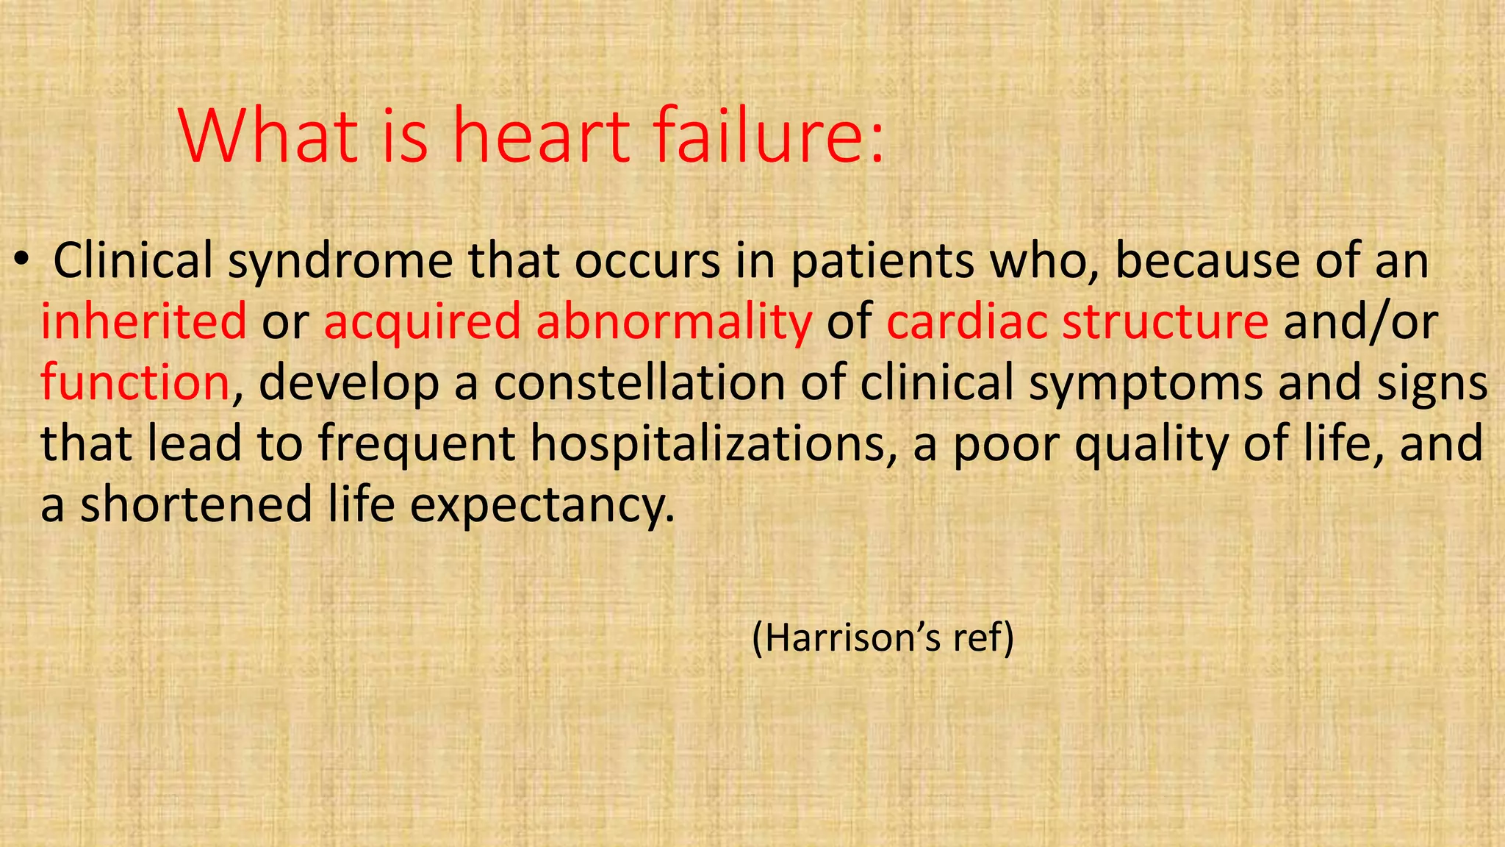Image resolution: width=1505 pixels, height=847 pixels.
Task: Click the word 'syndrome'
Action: [340, 262]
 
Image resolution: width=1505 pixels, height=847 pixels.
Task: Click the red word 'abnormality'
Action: [674, 323]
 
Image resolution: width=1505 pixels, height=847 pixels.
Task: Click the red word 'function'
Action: [135, 382]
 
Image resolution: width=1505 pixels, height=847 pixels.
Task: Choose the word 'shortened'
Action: [196, 505]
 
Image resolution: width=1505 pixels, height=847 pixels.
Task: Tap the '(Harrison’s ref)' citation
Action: [883, 637]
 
